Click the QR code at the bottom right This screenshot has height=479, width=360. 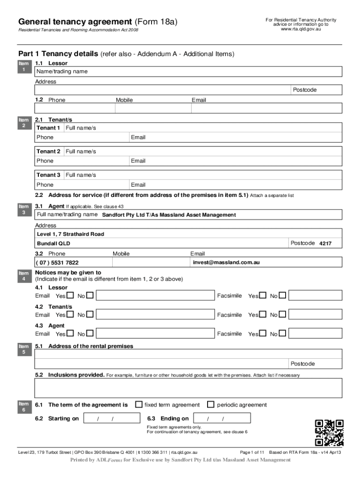(x=329, y=432)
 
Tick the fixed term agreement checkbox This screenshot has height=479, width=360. (x=139, y=404)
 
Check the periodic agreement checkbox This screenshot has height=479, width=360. (x=210, y=404)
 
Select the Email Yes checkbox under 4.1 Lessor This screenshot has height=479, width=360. (x=70, y=296)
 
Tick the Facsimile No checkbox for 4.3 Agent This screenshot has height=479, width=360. (x=282, y=334)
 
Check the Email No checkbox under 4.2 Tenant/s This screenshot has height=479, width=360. (x=90, y=315)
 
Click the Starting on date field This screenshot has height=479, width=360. (x=106, y=418)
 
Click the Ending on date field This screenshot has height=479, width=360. (x=222, y=418)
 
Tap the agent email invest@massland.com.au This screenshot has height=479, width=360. (x=226, y=262)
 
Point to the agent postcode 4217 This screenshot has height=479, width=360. (x=325, y=244)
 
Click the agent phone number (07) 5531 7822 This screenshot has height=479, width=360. (x=58, y=263)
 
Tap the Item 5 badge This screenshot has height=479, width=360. (x=24, y=349)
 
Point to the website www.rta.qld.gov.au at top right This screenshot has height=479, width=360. (x=301, y=29)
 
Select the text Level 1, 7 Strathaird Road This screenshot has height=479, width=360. (x=71, y=234)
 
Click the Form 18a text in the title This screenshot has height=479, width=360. (x=156, y=22)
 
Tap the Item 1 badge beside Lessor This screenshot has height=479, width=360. (x=24, y=66)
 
